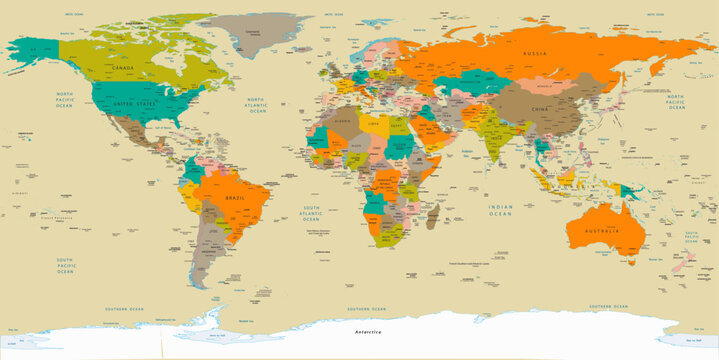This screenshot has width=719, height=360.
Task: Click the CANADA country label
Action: coord(122,67)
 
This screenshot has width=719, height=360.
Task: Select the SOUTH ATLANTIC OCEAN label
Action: coord(312,212)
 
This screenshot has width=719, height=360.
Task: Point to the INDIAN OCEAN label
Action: coord(500,209)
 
